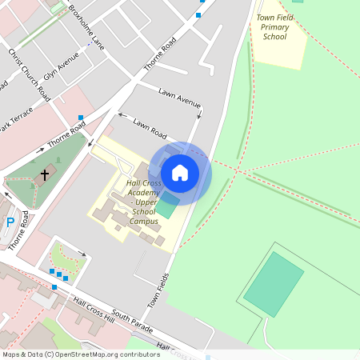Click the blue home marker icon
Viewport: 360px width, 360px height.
click(x=180, y=173)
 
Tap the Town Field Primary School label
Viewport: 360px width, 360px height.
click(x=274, y=26)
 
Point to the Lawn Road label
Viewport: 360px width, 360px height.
click(x=150, y=126)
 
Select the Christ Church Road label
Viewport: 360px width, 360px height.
click(x=30, y=74)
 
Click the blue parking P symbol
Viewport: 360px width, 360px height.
click(x=10, y=222)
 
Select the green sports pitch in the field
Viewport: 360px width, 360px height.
click(x=274, y=283)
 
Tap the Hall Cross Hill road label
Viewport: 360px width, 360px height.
click(x=93, y=308)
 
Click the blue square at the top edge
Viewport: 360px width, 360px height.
click(x=198, y=14)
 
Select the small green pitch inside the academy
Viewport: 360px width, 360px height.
click(x=168, y=207)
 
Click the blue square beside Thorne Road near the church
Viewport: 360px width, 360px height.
click(x=81, y=118)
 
